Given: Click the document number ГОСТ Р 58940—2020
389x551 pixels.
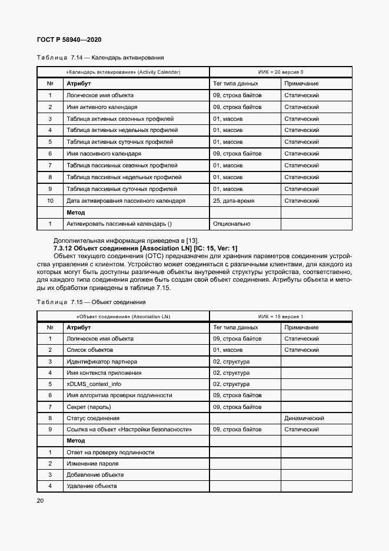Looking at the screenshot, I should [x=69, y=39].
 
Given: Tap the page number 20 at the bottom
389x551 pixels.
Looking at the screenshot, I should [x=40, y=500].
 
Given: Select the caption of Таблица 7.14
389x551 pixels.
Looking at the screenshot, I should [x=100, y=58].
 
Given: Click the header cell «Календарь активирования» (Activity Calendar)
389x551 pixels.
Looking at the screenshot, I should [x=124, y=72].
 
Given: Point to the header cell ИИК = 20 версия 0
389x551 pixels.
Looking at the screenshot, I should [x=281, y=72].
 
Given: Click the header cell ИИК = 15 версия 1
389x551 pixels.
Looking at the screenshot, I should [x=281, y=316].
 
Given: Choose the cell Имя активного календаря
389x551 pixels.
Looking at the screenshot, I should [x=102, y=107].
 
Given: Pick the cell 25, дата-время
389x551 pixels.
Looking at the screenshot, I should [x=233, y=200].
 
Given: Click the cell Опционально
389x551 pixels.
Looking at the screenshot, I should [x=231, y=224].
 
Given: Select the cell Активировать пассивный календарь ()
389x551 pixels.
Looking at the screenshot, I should [x=119, y=224].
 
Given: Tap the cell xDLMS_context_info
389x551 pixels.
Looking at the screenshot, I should [x=94, y=384].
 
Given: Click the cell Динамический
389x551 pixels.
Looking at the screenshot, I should [x=304, y=418].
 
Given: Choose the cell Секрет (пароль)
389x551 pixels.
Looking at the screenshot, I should [x=88, y=407].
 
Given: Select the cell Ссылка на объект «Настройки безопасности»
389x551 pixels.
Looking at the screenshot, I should [x=129, y=430].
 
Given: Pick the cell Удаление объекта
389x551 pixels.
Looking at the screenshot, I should [x=91, y=486].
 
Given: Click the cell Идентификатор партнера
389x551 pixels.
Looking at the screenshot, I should [x=102, y=361].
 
